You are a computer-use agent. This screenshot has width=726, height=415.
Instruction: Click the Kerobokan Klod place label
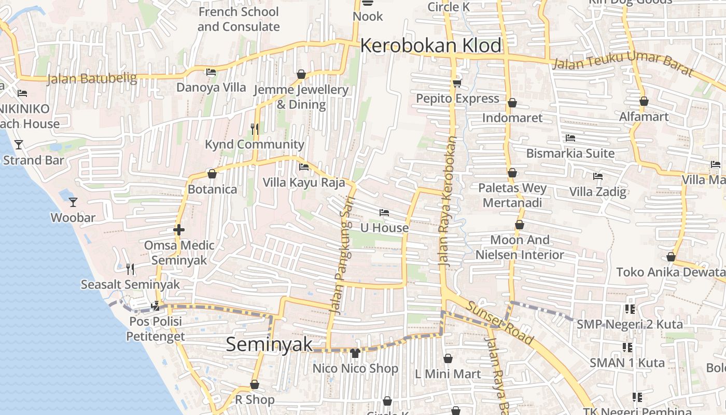[x=430, y=46]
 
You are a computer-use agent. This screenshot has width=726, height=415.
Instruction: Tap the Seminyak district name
[x=269, y=344]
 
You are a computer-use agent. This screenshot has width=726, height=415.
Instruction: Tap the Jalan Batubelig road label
[x=92, y=79]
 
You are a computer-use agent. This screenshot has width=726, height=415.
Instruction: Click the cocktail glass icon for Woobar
[x=73, y=202]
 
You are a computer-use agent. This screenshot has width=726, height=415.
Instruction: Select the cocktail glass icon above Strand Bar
[x=19, y=144]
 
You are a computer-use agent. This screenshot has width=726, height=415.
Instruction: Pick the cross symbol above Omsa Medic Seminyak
[x=179, y=229]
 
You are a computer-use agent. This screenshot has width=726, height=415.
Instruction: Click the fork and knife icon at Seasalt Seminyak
[x=130, y=269]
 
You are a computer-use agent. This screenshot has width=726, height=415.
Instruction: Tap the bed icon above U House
[x=384, y=213]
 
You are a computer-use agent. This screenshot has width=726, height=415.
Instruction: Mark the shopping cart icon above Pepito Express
[x=457, y=83]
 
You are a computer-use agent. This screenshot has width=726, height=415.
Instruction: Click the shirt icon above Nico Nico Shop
[x=355, y=354]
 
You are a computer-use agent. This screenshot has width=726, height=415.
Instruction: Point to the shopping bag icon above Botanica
[x=212, y=174]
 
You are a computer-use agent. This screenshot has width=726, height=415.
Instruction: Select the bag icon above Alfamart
[x=644, y=101]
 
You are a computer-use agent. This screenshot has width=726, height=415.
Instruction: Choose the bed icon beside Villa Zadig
[x=598, y=176]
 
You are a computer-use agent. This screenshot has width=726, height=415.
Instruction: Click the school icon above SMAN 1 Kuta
[x=627, y=347]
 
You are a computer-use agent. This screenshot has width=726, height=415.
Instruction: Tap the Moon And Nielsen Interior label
[x=520, y=247]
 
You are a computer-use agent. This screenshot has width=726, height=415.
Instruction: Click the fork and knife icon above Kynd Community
[x=255, y=129]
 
